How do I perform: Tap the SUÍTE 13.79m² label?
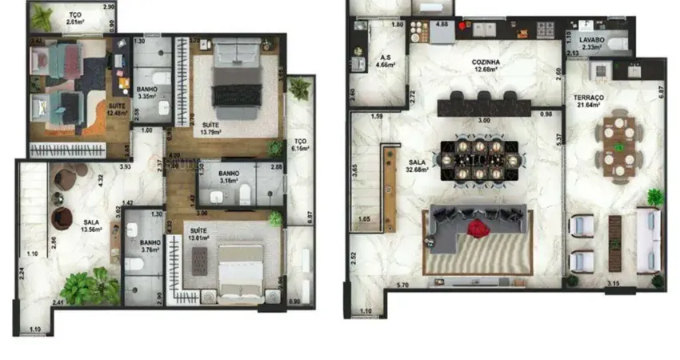(x=211, y=128)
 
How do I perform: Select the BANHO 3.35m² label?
(x=147, y=93)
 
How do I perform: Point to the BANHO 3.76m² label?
(x=150, y=245)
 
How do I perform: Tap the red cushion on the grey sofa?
(x=478, y=230)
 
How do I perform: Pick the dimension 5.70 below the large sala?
(x=403, y=284)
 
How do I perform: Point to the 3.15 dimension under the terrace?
(x=613, y=284)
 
